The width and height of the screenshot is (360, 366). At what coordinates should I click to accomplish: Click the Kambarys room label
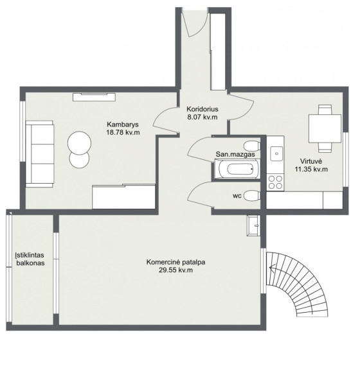coord(123,124)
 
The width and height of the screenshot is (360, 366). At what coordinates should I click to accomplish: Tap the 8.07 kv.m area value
coord(203,117)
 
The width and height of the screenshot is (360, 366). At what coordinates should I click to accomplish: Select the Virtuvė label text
coord(311,161)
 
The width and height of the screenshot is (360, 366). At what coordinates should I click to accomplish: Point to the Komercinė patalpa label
coord(175,262)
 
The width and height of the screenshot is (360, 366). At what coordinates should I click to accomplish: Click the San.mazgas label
coord(235,154)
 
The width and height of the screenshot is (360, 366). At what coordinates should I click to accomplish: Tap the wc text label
coord(237,196)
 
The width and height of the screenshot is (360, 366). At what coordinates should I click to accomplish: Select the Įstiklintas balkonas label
coord(30,259)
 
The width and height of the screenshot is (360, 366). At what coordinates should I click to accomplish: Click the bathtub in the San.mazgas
coord(237,169)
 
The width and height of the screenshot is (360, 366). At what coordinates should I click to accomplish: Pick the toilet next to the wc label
coord(252,195)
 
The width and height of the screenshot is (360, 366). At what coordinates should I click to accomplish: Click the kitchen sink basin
coord(276,153)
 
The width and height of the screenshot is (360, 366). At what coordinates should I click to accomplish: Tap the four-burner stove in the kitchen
coord(275,182)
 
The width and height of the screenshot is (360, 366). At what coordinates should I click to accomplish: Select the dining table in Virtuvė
coord(325,128)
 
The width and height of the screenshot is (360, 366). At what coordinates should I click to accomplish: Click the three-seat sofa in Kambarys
coord(40,154)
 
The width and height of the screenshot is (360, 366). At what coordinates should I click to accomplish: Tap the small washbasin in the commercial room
coord(253,225)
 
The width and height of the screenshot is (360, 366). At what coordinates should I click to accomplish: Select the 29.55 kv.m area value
coord(175,270)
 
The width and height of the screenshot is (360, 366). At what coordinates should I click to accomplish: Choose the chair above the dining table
coord(325,109)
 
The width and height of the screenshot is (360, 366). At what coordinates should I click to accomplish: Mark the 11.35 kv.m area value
coord(311,170)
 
